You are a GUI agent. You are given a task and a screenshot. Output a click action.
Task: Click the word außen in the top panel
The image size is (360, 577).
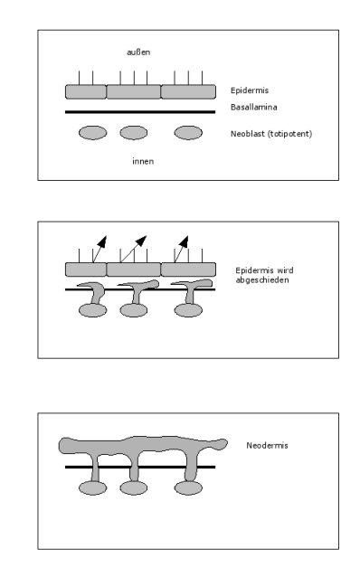pos(138,52)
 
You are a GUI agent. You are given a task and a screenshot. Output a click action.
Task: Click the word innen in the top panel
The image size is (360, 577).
pos(143,161)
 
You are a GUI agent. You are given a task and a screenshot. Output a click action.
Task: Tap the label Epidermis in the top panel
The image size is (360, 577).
pos(250,90)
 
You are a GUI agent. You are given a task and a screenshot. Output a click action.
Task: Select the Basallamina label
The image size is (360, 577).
pos(253,107)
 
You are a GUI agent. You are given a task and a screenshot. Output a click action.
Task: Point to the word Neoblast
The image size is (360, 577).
pos(247,134)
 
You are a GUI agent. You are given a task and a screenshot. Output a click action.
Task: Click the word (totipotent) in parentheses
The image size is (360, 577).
pos(289,134)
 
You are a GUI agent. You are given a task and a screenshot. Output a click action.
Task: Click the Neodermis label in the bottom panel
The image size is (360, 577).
pos(267,445)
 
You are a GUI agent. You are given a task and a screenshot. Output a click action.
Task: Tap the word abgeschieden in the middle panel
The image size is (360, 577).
pos(262,280)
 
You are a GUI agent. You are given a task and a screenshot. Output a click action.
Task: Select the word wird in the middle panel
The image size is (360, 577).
pos(285,270)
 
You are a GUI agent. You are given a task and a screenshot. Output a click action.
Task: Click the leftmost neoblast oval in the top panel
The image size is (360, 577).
pos(93,132)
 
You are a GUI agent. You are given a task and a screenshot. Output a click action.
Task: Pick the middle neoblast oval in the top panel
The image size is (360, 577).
pos(134,132)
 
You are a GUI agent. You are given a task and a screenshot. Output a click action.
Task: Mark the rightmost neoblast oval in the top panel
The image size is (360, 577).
pos(188,132)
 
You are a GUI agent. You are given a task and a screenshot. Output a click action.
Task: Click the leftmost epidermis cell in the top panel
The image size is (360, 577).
pos(86,92)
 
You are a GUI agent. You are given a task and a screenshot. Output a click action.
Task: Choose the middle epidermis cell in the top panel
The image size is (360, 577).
pos(134,92)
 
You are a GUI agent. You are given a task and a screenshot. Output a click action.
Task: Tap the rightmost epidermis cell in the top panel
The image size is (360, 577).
pos(188,92)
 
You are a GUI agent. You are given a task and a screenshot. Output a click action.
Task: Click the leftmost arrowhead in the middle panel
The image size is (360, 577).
pos(102,241)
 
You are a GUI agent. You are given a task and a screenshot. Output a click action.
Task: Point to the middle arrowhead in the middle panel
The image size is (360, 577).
pos(141,241)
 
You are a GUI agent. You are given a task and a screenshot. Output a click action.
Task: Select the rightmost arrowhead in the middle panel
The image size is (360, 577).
pos(184,241)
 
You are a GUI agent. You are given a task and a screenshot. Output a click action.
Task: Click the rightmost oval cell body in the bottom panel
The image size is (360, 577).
pos(188,488)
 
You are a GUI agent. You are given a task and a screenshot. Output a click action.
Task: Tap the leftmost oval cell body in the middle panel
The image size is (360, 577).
pos(93,310)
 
